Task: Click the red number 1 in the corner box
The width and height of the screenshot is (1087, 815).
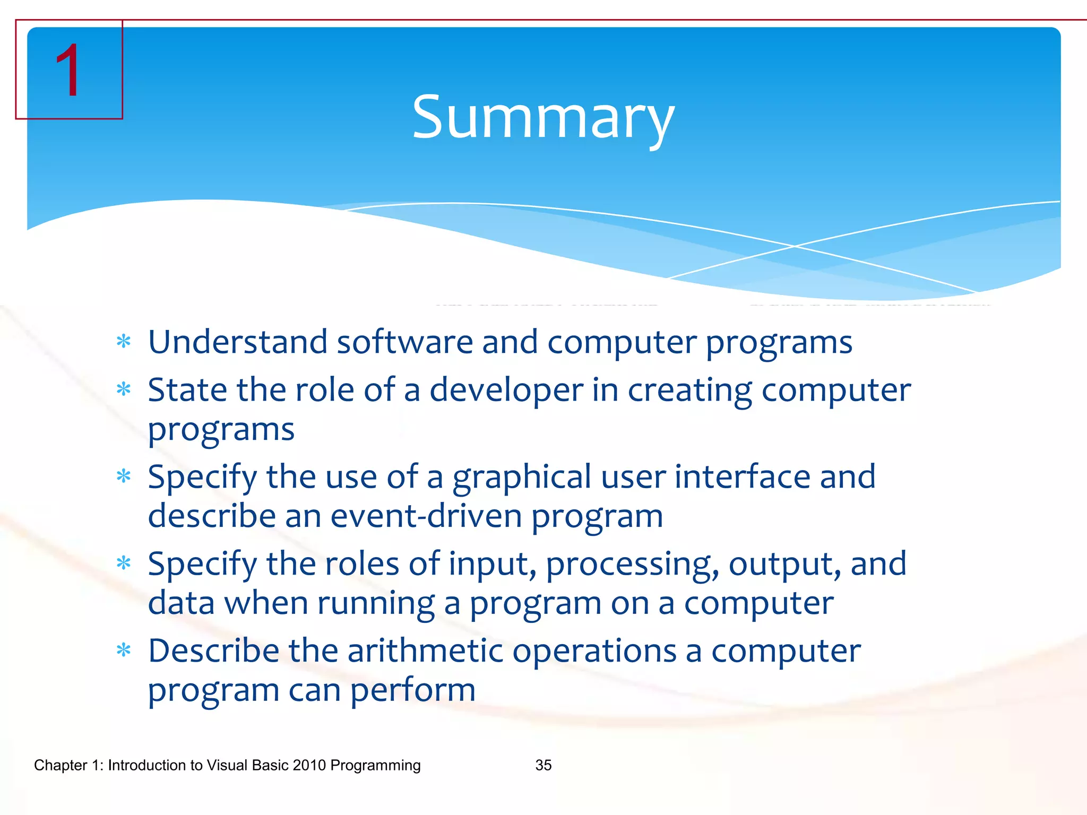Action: coord(68,71)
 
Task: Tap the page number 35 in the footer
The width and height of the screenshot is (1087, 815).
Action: coord(543,765)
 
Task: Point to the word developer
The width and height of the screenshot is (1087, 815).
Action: coord(506,390)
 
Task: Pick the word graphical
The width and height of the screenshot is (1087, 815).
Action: coord(521,478)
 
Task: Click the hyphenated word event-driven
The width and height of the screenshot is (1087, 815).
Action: coord(426,516)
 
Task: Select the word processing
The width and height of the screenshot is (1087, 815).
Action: coord(632,565)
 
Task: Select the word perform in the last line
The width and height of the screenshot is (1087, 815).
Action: coord(412,691)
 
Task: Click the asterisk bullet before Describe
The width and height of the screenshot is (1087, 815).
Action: coord(124,650)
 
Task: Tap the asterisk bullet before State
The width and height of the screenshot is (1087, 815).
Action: coord(124,390)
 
